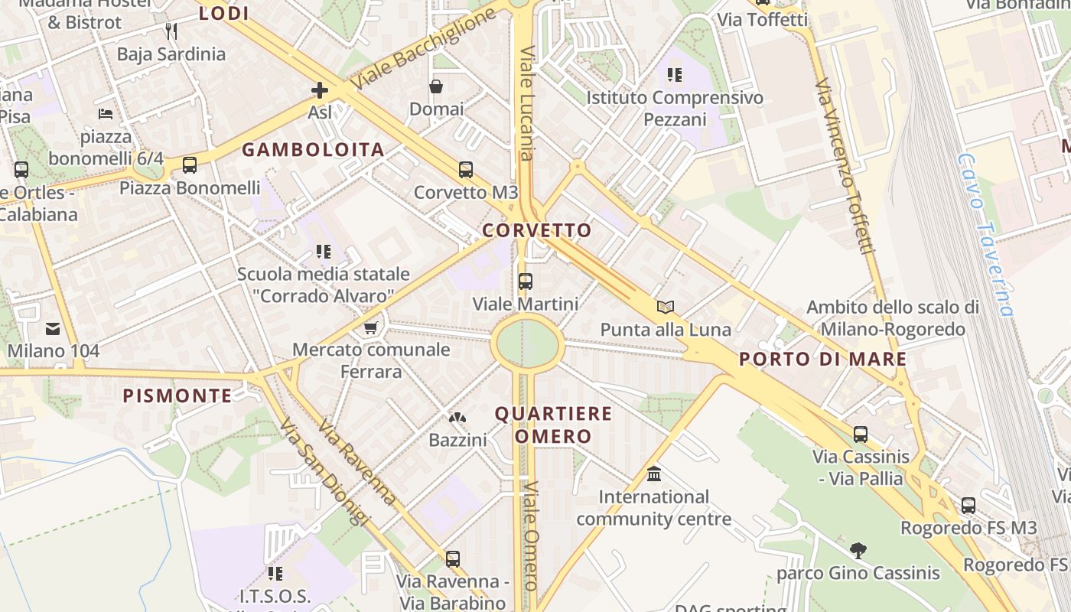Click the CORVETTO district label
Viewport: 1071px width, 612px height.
[537, 230]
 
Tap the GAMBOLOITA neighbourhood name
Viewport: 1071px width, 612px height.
[314, 150]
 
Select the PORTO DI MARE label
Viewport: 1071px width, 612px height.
[823, 359]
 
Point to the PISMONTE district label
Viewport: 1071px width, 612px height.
[177, 396]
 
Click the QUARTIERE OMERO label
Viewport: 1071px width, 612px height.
[553, 425]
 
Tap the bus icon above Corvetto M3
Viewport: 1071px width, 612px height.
[465, 170]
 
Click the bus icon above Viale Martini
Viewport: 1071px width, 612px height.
[525, 282]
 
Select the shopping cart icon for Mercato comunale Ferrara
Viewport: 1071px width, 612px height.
[371, 327]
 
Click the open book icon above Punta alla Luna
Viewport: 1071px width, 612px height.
[666, 307]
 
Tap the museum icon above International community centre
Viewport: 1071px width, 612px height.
[654, 474]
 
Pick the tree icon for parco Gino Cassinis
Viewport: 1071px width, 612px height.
[858, 550]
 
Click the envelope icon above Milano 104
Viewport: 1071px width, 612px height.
[53, 329]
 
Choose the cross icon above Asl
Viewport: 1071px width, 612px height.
[320, 90]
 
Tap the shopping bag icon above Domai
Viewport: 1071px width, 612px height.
[436, 86]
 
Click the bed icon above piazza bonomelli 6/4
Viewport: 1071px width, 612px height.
[106, 114]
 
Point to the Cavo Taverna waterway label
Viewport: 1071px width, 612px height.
[987, 233]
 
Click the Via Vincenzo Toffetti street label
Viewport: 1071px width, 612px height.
[845, 165]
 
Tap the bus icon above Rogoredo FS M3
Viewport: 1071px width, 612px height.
[968, 505]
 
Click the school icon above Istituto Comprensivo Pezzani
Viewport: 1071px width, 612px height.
[674, 75]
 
